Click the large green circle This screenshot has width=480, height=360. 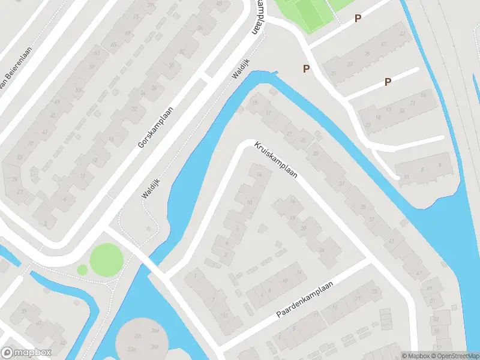[107, 260]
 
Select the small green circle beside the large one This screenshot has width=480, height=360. [82, 270]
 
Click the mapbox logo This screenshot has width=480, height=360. [26, 352]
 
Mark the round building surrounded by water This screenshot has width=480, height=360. [143, 339]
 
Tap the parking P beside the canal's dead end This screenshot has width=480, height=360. [306, 69]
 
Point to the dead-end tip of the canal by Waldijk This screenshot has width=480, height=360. [277, 74]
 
